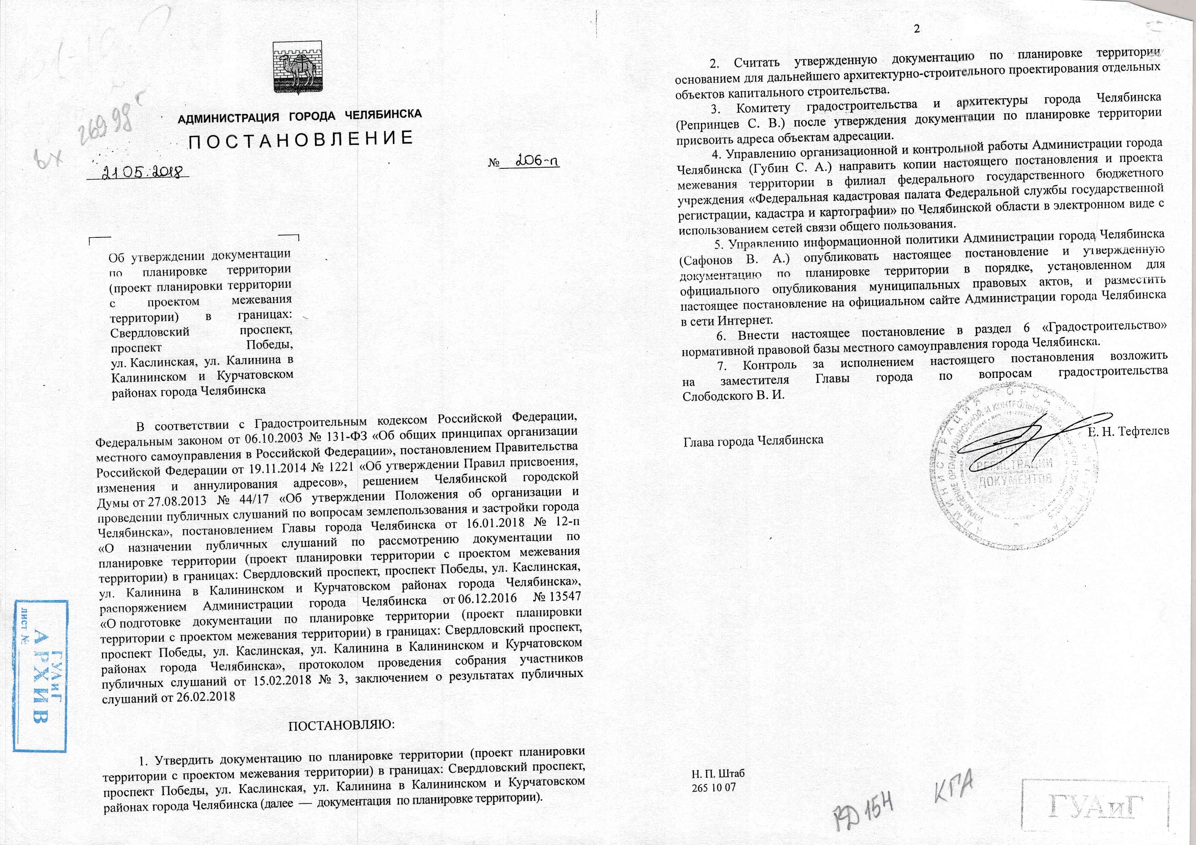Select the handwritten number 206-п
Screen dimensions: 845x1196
coord(536,162)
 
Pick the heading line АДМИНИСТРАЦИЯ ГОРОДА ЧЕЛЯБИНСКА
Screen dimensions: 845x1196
coord(300,116)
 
